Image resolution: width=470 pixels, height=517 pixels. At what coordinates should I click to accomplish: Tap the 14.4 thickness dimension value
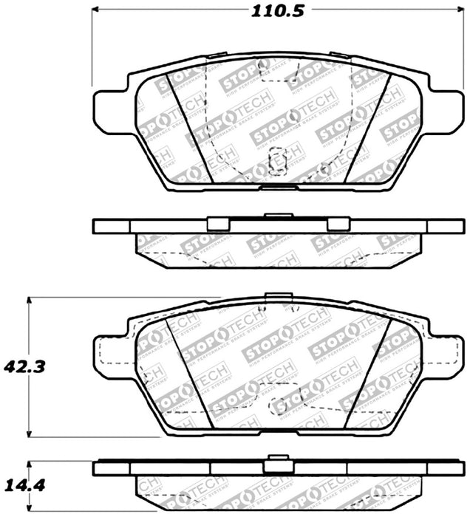20,487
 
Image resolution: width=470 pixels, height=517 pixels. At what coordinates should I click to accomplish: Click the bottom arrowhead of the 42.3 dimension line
28,434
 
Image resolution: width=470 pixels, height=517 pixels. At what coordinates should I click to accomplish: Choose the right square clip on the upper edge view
338,224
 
